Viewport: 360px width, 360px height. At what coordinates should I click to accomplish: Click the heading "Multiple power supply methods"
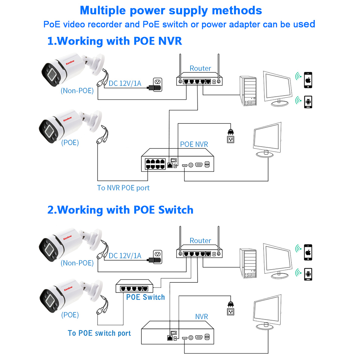171,10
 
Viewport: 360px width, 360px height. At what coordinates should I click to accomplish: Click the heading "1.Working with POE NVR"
114,40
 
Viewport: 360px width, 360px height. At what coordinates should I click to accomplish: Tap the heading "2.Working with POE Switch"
120,210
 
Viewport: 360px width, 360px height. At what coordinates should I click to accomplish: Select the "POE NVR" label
194,144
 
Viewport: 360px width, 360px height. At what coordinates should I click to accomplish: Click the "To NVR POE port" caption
123,187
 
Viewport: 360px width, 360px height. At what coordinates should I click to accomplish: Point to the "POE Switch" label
145,297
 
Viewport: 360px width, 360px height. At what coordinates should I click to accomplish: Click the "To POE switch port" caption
99,333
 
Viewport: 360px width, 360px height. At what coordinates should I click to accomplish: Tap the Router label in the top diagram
200,68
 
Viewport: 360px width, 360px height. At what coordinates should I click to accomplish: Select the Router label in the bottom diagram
200,240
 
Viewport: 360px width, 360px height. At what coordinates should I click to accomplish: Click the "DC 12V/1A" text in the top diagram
125,83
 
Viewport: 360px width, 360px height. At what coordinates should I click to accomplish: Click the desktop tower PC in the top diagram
248,91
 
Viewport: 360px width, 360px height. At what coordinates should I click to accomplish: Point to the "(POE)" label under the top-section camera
70,142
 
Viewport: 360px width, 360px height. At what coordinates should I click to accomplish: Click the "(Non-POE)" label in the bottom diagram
77,263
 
